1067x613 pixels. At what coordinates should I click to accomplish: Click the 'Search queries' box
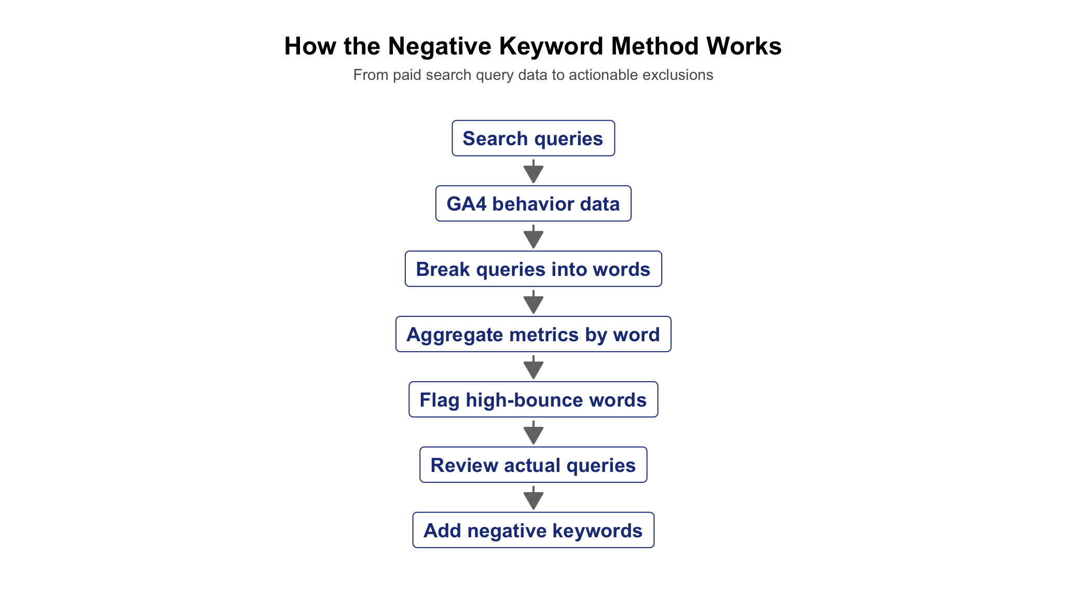[533, 138]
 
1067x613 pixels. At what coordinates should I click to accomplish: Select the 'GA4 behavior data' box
[533, 204]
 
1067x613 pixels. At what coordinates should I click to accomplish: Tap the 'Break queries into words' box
[533, 269]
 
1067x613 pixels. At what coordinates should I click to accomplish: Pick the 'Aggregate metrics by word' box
[533, 335]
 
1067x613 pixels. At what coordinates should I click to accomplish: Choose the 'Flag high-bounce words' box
[533, 400]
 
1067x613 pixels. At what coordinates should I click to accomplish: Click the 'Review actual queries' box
[533, 465]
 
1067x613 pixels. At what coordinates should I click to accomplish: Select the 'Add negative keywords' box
[533, 531]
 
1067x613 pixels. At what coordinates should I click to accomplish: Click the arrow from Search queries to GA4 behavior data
[533, 171]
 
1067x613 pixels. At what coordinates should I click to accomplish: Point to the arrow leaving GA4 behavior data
[533, 236]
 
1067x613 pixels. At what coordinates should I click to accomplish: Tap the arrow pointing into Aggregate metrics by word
[533, 302]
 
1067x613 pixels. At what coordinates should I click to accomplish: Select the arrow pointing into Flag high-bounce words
[533, 367]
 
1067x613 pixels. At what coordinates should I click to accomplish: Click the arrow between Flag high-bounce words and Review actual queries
[533, 433]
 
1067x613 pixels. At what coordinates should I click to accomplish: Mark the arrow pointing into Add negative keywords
[533, 498]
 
